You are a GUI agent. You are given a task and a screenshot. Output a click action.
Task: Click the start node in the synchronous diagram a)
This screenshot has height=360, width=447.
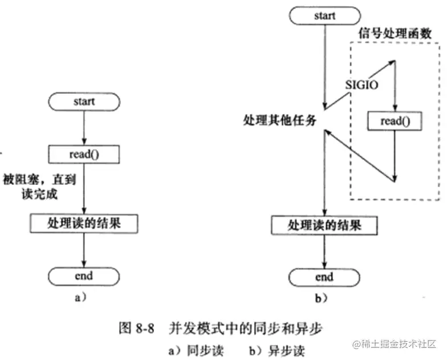click(84, 102)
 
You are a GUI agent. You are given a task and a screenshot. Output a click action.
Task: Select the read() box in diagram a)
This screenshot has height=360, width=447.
click(84, 153)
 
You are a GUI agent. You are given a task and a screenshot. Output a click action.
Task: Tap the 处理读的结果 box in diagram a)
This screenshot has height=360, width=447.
click(84, 224)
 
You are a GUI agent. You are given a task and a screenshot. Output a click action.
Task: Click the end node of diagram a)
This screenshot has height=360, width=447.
click(84, 276)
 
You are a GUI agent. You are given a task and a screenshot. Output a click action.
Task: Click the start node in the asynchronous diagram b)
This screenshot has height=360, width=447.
click(325, 16)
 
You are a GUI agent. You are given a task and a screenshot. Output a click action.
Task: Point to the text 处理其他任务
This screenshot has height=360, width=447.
click(279, 120)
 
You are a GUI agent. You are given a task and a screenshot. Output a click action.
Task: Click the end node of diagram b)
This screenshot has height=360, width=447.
click(324, 277)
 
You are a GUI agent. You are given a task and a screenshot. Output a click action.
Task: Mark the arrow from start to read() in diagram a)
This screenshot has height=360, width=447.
click(84, 127)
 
